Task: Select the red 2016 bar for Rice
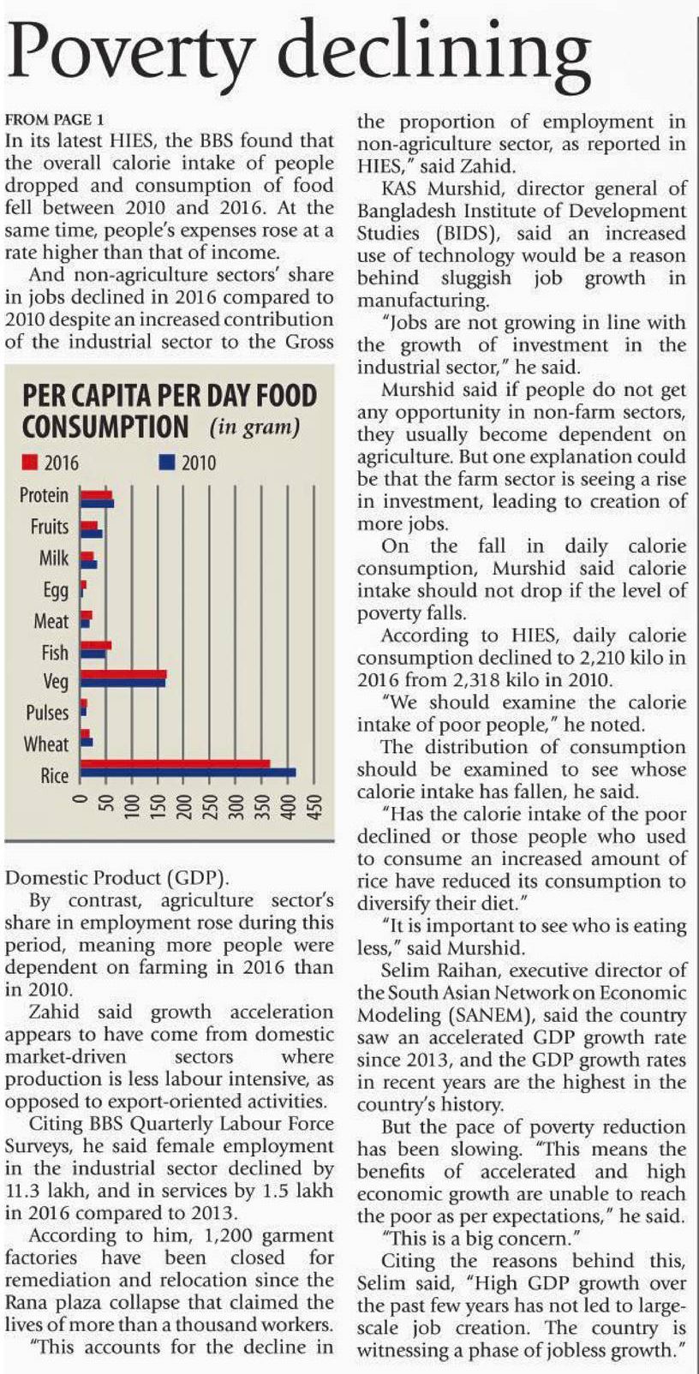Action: (x=175, y=764)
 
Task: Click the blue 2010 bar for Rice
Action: (x=188, y=773)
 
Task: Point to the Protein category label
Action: (x=44, y=495)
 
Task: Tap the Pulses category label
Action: (x=47, y=713)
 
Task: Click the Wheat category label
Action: (x=45, y=744)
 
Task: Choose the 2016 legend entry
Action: (x=51, y=463)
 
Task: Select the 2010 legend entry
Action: (x=188, y=463)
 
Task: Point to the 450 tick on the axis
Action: (x=315, y=809)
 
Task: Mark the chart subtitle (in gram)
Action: (x=254, y=427)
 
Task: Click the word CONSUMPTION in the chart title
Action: (x=105, y=426)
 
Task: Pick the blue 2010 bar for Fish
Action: (x=93, y=655)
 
